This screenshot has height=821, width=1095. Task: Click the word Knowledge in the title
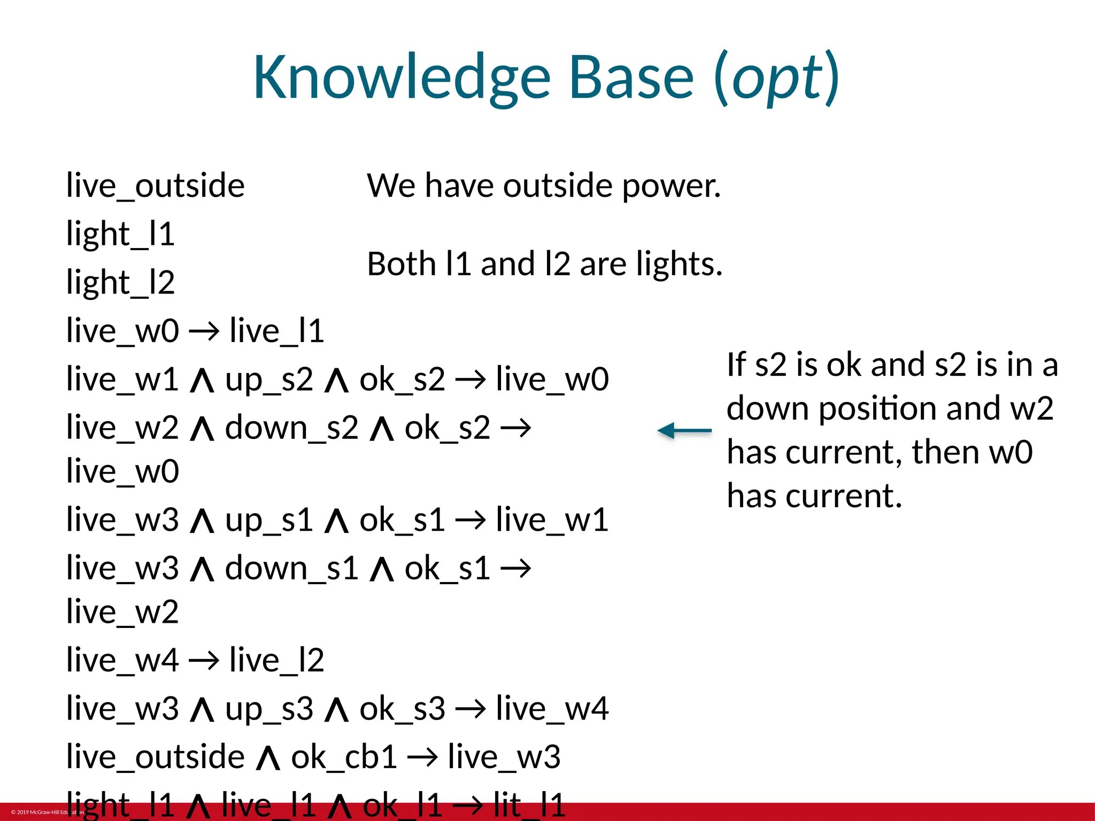coord(402,79)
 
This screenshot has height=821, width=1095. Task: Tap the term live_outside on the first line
coord(155,187)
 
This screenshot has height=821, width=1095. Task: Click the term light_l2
coord(120,283)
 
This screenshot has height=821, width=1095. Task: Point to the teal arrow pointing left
coord(684,430)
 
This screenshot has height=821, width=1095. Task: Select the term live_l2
coord(276,661)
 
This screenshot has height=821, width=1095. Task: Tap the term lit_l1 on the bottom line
coord(529,805)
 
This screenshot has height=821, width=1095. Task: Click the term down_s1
coord(291,569)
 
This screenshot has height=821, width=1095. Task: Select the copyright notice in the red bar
coord(47,812)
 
